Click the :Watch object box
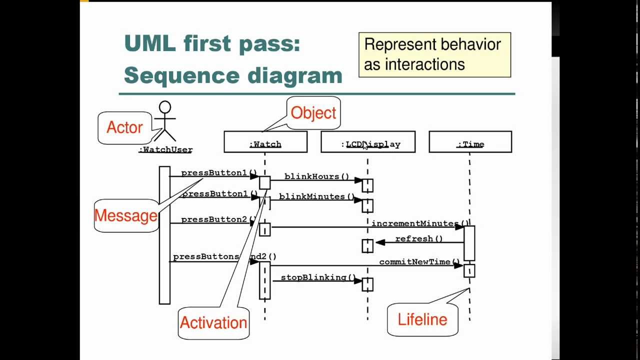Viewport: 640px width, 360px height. pyautogui.click(x=265, y=142)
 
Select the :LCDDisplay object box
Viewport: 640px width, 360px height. pyautogui.click(x=368, y=142)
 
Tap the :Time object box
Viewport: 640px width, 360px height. pyautogui.click(x=470, y=142)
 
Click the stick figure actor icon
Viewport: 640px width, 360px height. pyautogui.click(x=164, y=121)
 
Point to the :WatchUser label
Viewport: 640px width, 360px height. pyautogui.click(x=165, y=149)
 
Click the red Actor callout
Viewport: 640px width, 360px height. pyautogui.click(x=124, y=128)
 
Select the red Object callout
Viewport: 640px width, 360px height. pyautogui.click(x=313, y=113)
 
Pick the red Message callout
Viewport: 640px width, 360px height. pyautogui.click(x=126, y=216)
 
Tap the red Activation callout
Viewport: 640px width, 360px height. pyautogui.click(x=213, y=323)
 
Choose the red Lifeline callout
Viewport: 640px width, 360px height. pyautogui.click(x=422, y=319)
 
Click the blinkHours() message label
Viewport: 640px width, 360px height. pyautogui.click(x=317, y=176)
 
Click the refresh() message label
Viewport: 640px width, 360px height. pyautogui.click(x=419, y=239)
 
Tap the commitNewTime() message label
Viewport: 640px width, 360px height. pyautogui.click(x=419, y=262)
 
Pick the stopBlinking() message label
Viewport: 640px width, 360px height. pyautogui.click(x=318, y=277)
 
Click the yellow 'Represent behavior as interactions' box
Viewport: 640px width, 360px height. pyautogui.click(x=434, y=55)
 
